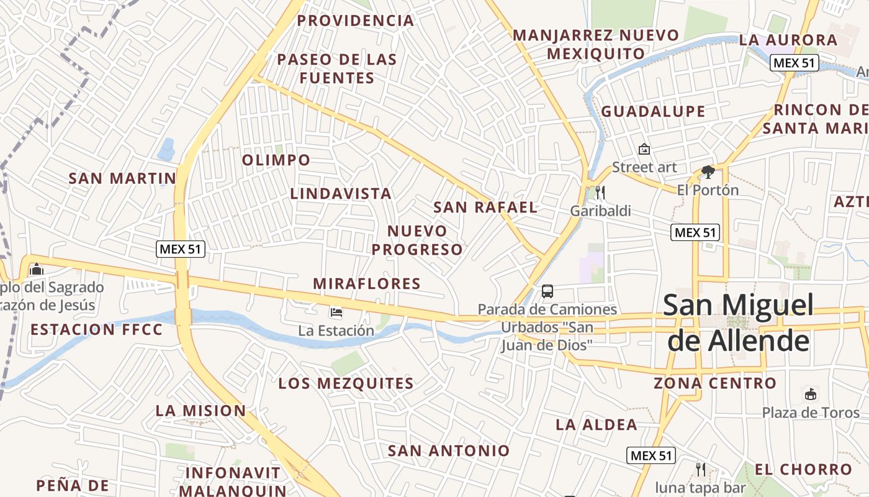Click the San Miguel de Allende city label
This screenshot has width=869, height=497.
[x=738, y=323]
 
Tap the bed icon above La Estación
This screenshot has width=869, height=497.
[x=336, y=312]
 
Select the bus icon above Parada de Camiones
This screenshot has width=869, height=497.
[x=547, y=291]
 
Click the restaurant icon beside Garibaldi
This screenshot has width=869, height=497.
[x=600, y=193]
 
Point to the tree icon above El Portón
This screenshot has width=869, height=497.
[x=708, y=172]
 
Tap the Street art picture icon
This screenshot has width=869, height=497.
[x=644, y=149]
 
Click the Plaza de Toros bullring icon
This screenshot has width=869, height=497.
[x=811, y=394]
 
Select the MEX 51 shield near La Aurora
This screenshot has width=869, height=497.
[x=795, y=63]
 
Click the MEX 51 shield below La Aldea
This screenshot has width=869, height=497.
[x=651, y=455]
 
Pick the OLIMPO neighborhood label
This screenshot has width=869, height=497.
[x=276, y=160]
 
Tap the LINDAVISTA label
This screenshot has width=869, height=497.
[x=341, y=194]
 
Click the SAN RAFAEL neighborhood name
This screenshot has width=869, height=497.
[x=485, y=207]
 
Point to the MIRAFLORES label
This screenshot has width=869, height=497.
[x=367, y=284]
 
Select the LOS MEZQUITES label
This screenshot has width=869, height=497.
[x=346, y=383]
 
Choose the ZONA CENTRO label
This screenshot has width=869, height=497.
[x=715, y=383]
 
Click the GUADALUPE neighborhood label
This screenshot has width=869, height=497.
[x=653, y=112]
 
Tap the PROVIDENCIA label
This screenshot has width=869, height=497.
[x=355, y=21]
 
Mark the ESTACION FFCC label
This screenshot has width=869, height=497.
[x=96, y=329]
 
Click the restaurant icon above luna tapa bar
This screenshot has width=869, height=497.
[x=701, y=468]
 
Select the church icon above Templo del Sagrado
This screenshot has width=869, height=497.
[x=37, y=270]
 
